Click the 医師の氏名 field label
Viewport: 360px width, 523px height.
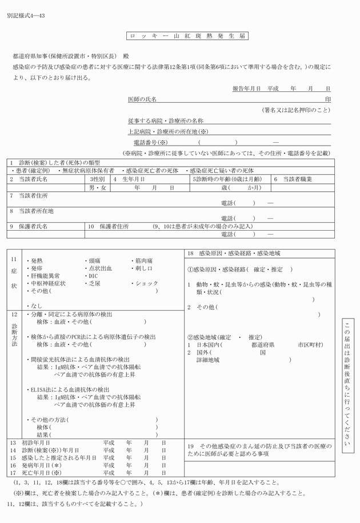pos(142,99)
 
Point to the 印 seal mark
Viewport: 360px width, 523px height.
pos(327,99)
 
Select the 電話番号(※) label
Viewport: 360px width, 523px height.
pos(150,142)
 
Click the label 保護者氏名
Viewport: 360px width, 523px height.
pos(33,227)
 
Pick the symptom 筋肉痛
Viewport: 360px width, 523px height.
pos(144,260)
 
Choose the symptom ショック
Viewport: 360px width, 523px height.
pos(146,283)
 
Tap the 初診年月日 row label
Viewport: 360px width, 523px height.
pos(35,442)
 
